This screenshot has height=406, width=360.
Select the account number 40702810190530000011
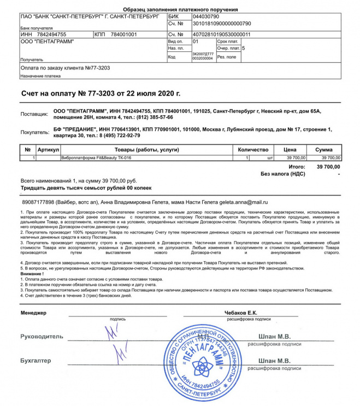pyautogui.click(x=221, y=34)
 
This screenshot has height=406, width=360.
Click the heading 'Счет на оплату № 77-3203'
pyautogui.click(x=101, y=94)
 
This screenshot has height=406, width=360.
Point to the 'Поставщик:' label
pyautogui.click(x=34, y=114)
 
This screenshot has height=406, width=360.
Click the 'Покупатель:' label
pyautogui.click(x=34, y=132)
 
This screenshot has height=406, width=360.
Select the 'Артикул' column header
pyautogui.click(x=48, y=149)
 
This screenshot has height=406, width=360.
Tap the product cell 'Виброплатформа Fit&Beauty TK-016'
pyautogui.click(x=96, y=158)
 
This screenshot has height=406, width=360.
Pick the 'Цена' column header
pyautogui.click(x=290, y=149)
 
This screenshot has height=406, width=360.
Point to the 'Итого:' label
pyautogui.click(x=297, y=166)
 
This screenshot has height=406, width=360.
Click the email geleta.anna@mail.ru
pyautogui.click(x=243, y=202)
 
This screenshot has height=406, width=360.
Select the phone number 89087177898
pyautogui.click(x=37, y=202)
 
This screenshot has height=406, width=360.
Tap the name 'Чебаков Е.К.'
pyautogui.click(x=240, y=313)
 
